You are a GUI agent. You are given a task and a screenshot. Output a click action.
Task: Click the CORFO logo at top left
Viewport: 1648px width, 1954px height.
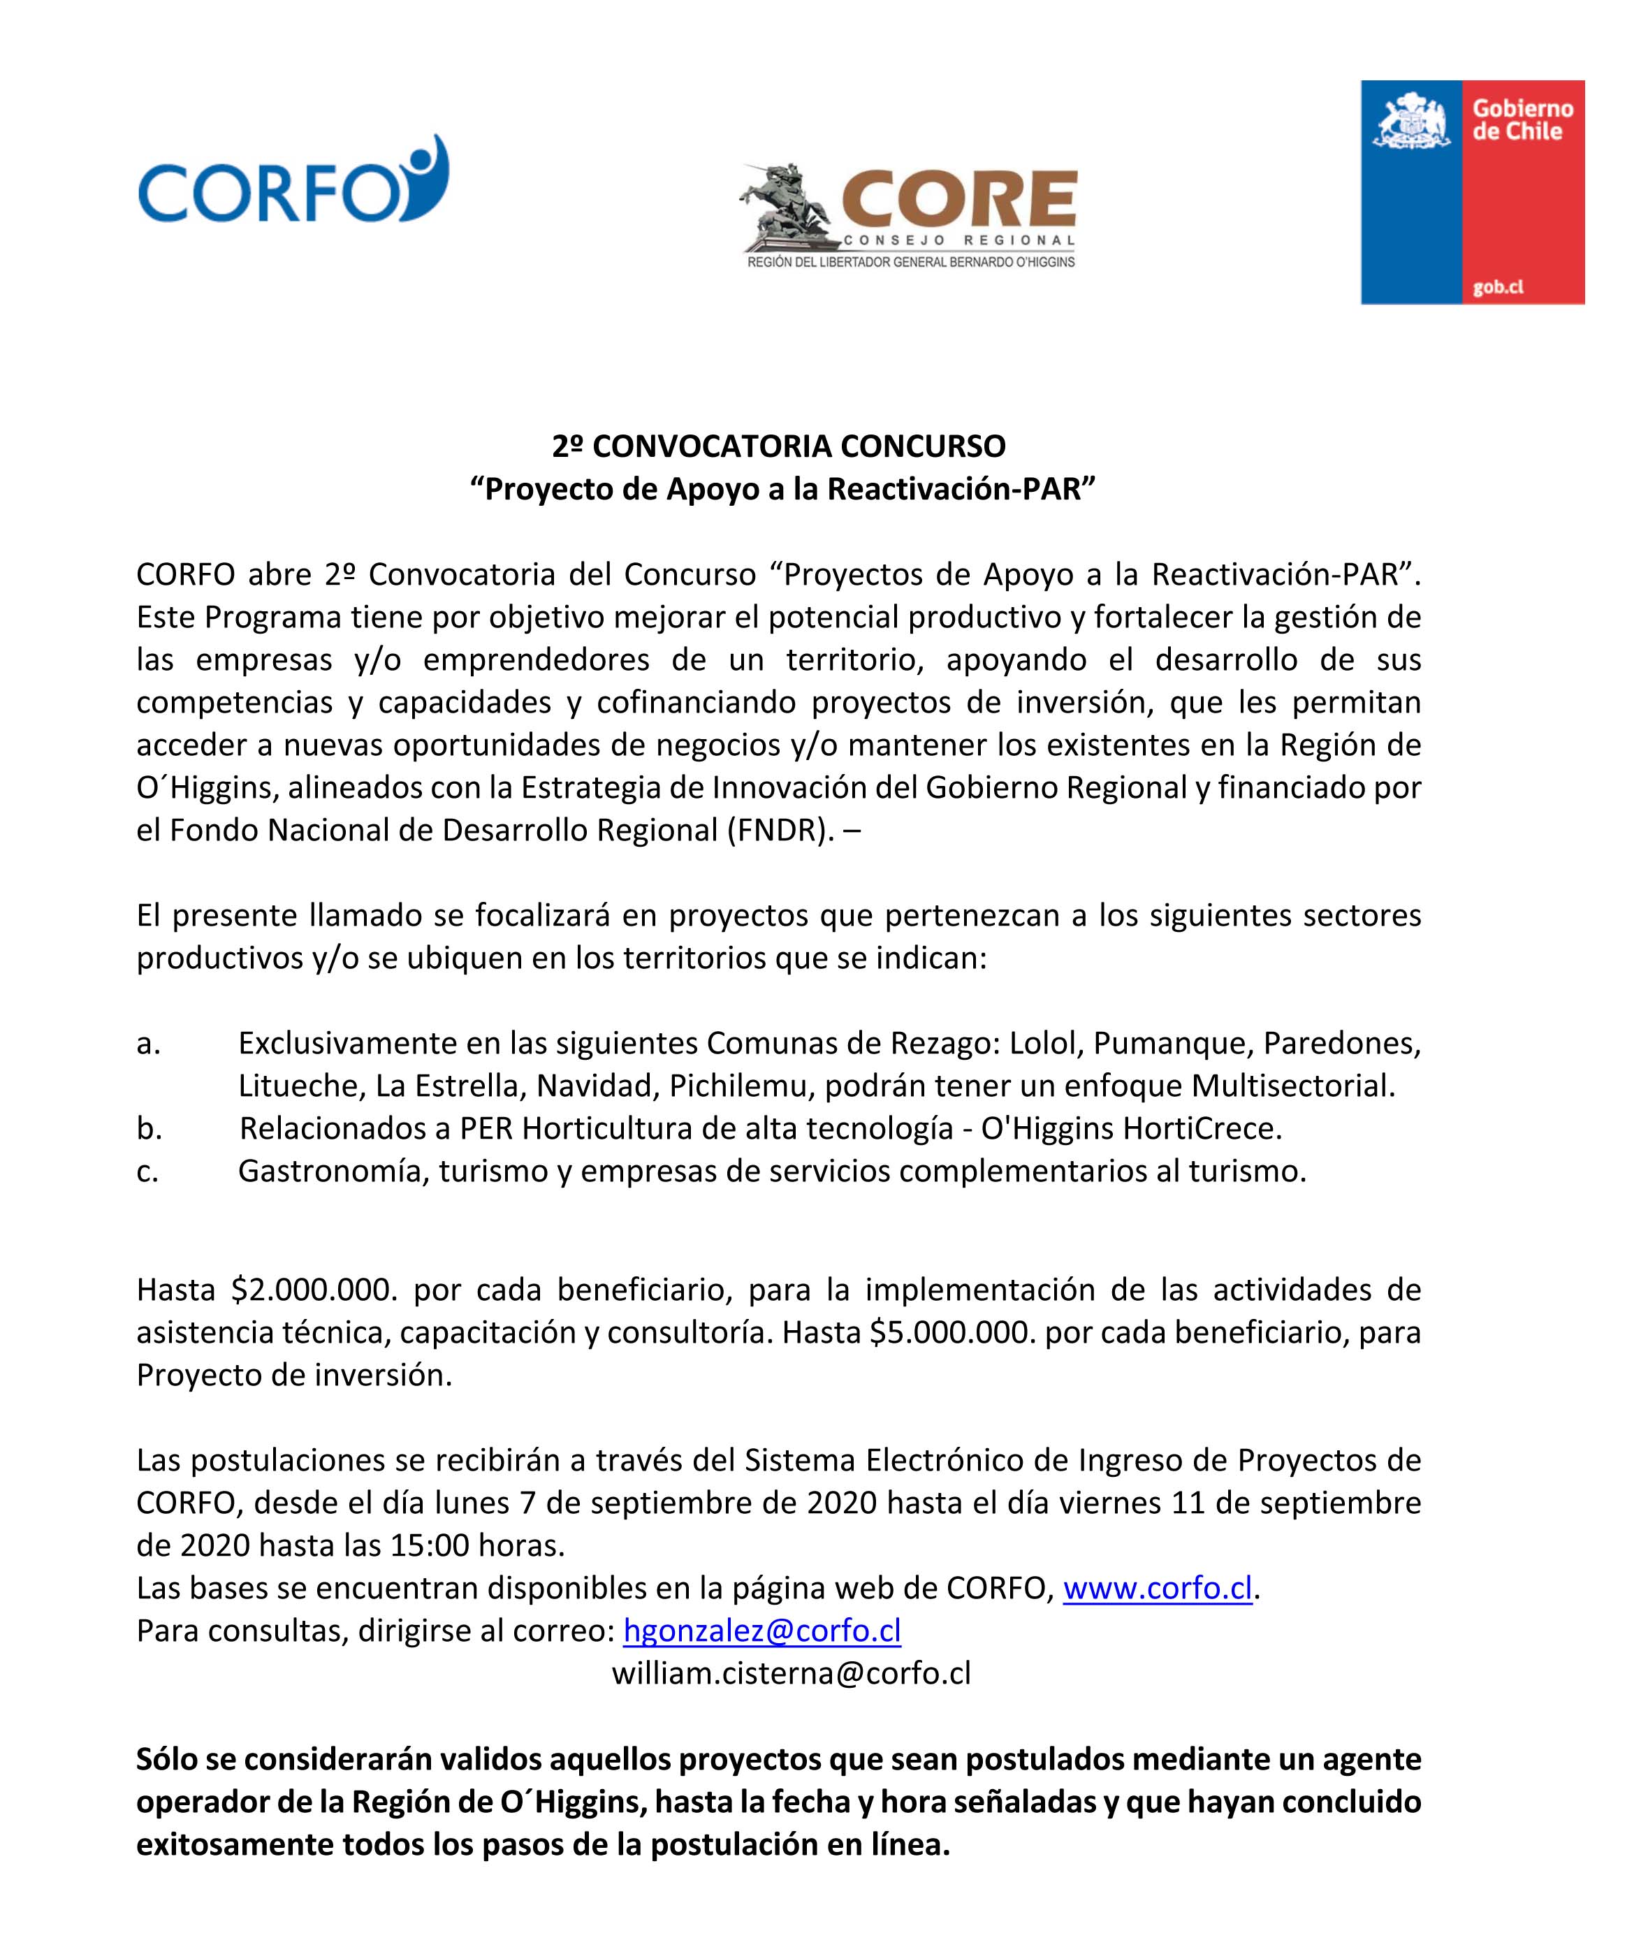[293, 180]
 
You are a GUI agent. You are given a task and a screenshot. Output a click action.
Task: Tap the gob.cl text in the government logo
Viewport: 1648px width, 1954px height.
[1498, 288]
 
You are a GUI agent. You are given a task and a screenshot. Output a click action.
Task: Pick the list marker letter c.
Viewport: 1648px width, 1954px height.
[147, 1172]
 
